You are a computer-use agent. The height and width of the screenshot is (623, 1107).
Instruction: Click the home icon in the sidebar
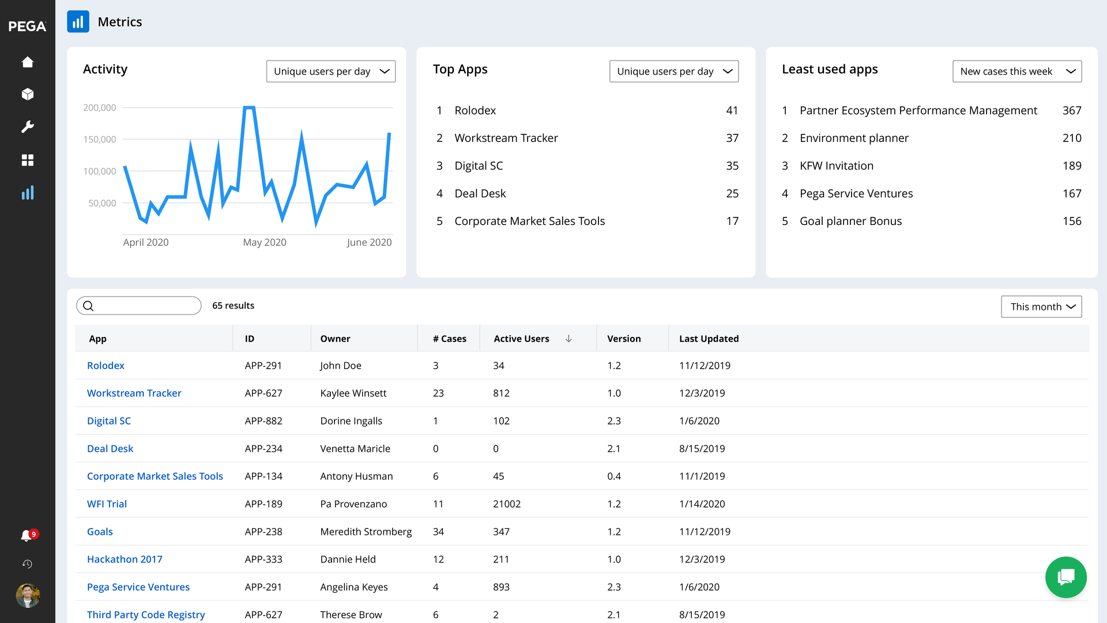(x=27, y=62)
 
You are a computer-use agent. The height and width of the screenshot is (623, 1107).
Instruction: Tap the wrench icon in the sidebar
(x=27, y=127)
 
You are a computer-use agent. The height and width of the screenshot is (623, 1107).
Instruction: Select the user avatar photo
(x=27, y=595)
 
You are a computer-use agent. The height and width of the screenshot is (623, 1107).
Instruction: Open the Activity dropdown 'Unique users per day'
(x=330, y=72)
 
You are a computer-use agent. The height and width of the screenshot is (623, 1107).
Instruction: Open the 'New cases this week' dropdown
(x=1016, y=72)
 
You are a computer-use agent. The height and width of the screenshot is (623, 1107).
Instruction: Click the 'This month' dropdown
(x=1041, y=307)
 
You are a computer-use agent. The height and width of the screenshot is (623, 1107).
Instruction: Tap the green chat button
(x=1065, y=577)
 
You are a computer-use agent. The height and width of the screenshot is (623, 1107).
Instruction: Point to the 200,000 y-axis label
(x=100, y=108)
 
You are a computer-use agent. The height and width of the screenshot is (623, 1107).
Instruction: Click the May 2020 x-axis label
(x=265, y=242)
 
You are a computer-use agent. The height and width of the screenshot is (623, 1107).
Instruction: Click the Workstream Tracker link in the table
(x=134, y=393)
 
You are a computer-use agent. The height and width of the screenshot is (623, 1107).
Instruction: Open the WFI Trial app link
(x=107, y=504)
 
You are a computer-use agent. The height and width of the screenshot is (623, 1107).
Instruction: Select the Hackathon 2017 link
(x=125, y=560)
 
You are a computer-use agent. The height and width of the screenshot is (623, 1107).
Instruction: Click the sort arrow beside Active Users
(x=568, y=339)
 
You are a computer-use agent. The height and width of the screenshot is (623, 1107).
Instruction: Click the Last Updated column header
(x=709, y=339)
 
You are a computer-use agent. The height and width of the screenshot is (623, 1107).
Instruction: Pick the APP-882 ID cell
(x=263, y=421)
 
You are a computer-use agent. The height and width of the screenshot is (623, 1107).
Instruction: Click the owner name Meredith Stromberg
(x=366, y=532)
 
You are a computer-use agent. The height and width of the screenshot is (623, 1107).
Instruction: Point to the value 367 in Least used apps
(x=1071, y=111)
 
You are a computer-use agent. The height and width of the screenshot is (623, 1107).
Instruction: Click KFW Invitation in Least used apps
(x=836, y=166)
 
